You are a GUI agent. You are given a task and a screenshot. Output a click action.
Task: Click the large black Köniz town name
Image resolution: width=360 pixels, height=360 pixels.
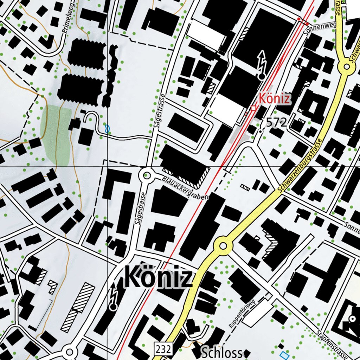(x=158, y=277)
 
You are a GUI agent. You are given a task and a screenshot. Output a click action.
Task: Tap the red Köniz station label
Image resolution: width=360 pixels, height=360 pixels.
(x=275, y=99)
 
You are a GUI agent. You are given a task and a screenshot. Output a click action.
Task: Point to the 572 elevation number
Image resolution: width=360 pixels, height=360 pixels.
(x=277, y=122)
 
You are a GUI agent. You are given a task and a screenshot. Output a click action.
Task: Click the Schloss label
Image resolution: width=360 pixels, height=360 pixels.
(x=222, y=353)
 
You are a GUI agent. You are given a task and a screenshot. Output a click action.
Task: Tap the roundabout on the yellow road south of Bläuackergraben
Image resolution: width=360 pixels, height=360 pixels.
(x=223, y=246)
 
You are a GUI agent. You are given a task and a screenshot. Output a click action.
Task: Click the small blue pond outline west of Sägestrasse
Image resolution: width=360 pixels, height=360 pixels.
(x=107, y=128)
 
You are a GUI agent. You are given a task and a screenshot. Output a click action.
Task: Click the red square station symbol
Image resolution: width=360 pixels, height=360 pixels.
(x=253, y=108)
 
